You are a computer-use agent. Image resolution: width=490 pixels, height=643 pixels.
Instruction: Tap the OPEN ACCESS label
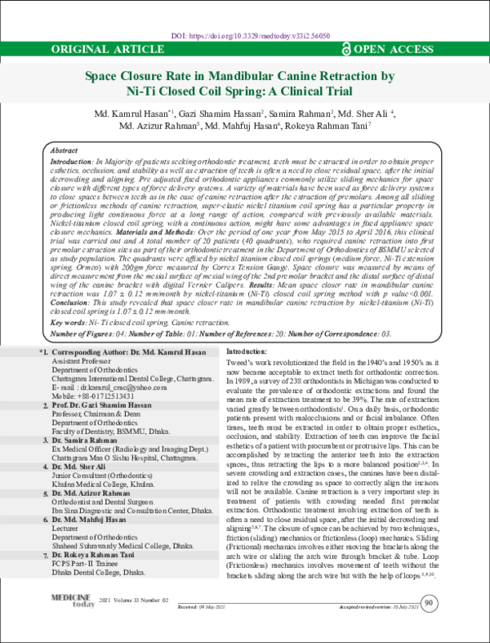(403, 50)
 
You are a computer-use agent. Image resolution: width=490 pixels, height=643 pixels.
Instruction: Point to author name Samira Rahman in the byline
(301, 112)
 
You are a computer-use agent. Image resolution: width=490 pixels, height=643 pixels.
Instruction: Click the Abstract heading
(65, 152)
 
